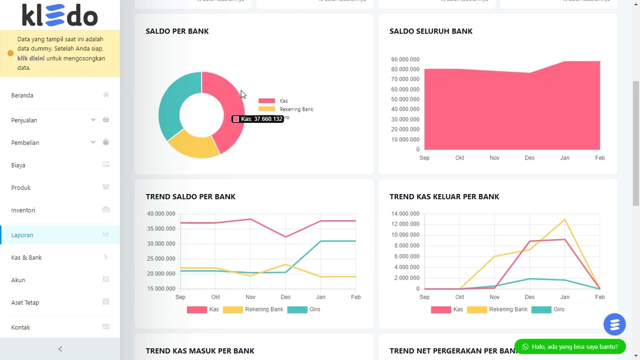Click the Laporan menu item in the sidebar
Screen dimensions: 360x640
click(22, 235)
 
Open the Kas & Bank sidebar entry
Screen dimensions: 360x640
click(26, 257)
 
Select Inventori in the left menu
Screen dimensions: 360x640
click(23, 210)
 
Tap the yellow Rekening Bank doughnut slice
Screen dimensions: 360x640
click(192, 145)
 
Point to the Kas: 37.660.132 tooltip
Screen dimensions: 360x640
click(258, 119)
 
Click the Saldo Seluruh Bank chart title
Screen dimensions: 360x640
click(430, 31)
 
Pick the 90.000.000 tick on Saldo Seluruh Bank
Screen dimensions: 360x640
click(405, 59)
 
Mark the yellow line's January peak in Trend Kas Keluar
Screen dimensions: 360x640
click(564, 219)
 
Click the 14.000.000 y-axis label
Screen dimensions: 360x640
click(405, 213)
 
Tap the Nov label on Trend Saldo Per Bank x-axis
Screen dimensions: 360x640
click(250, 297)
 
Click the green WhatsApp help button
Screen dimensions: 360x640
click(569, 346)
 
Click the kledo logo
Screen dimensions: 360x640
click(59, 15)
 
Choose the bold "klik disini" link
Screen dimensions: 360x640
click(31, 58)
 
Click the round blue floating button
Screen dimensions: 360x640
click(614, 324)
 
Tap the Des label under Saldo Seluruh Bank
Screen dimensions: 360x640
click(529, 158)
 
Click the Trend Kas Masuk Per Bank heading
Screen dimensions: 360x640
click(200, 351)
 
